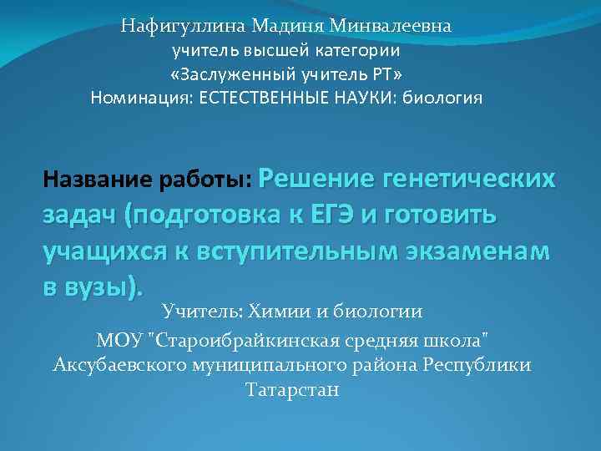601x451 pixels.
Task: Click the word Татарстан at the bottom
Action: pos(293,390)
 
